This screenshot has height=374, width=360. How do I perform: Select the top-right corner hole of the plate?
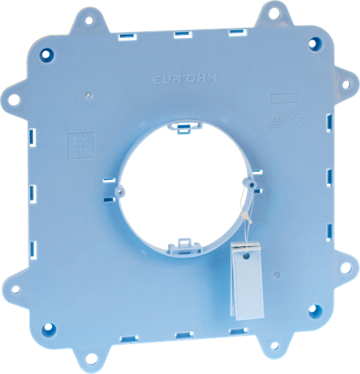click(314, 44)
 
